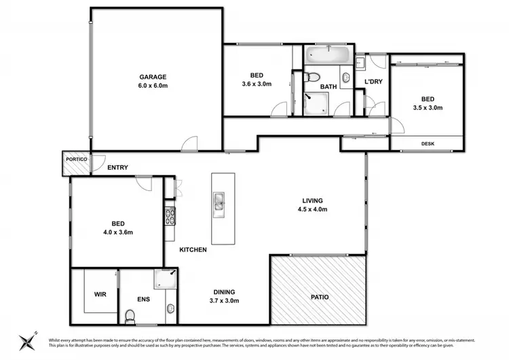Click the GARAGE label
(x=153, y=77)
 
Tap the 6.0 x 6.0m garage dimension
(x=153, y=86)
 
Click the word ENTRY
(x=117, y=168)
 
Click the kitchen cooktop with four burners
(x=170, y=217)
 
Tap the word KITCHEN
(x=193, y=250)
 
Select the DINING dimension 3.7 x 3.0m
(x=223, y=300)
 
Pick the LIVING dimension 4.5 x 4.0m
(x=312, y=210)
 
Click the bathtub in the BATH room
(x=326, y=55)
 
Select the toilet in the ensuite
(x=130, y=315)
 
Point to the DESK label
(x=428, y=143)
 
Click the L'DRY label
(x=373, y=82)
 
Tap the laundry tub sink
(x=360, y=62)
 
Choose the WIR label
(x=99, y=295)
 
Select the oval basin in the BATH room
(x=346, y=77)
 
